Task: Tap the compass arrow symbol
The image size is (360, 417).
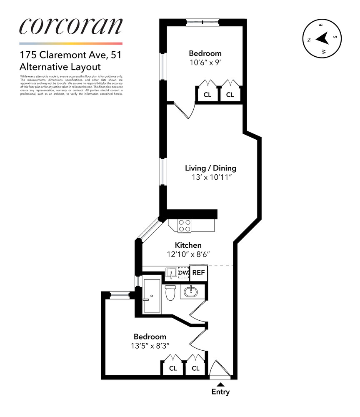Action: tap(321, 39)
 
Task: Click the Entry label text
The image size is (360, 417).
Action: tap(220, 392)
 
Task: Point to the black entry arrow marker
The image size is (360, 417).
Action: tap(220, 384)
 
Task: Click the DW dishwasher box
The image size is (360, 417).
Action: tap(183, 273)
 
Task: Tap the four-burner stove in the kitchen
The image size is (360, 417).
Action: tap(185, 226)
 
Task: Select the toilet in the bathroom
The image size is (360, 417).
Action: tap(170, 294)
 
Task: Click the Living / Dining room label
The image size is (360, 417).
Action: tap(210, 168)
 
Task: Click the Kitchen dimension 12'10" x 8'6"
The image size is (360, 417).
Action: tap(188, 254)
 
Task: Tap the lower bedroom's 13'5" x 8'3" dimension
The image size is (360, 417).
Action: tap(150, 346)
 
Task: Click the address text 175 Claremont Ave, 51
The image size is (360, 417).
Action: tap(70, 55)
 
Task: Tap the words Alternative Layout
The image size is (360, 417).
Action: tap(60, 67)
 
